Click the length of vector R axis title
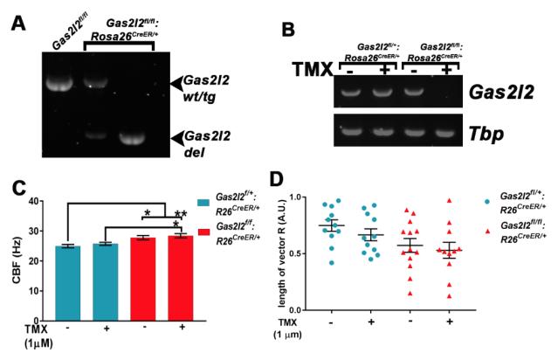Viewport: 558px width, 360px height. (285, 253)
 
